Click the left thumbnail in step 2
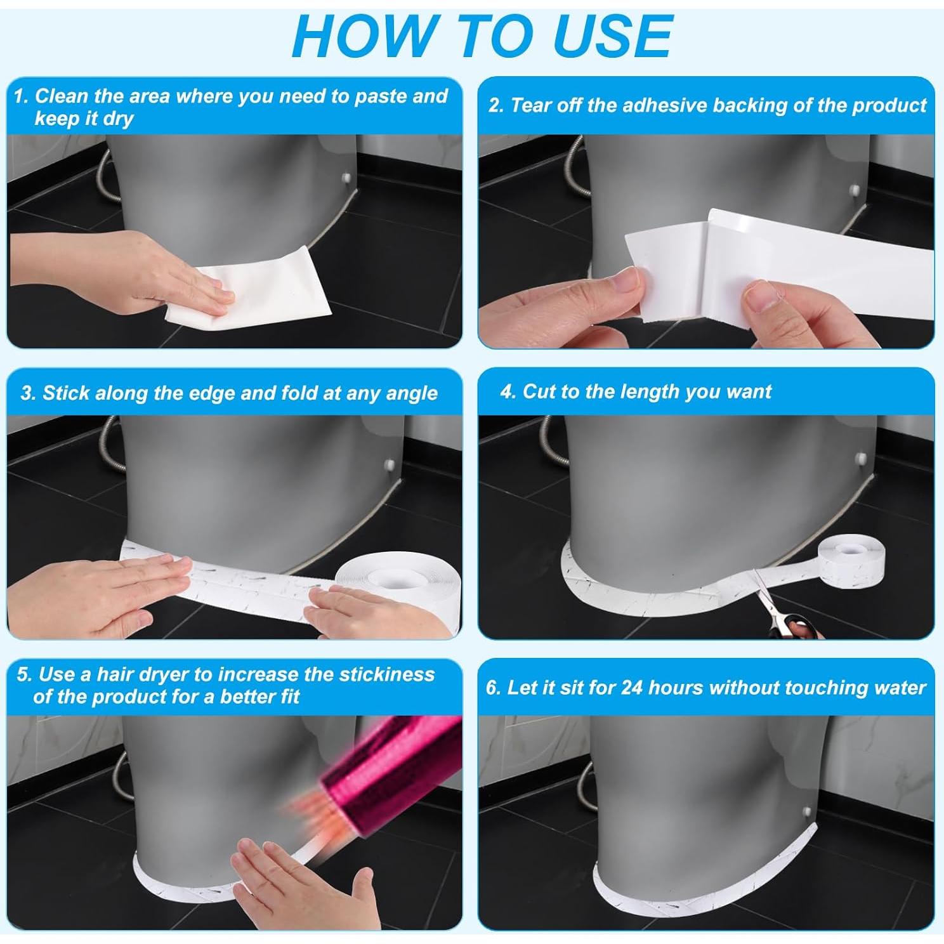(627, 279)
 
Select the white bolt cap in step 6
(806, 811)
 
